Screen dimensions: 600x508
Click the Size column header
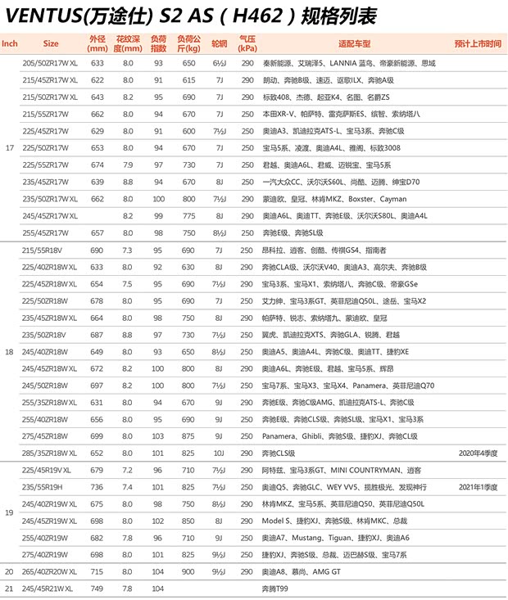51,43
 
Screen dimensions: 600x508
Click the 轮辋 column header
219,43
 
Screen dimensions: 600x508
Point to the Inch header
10,43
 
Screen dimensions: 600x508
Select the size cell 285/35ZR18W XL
48,452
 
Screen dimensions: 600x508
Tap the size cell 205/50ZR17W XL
48,63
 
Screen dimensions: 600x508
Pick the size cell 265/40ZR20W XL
48,571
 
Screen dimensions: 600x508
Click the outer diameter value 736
98,486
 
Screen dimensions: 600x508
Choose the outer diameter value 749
98,589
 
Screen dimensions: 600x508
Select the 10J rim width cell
219,452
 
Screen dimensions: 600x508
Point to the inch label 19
9,512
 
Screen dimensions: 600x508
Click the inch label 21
9,589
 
